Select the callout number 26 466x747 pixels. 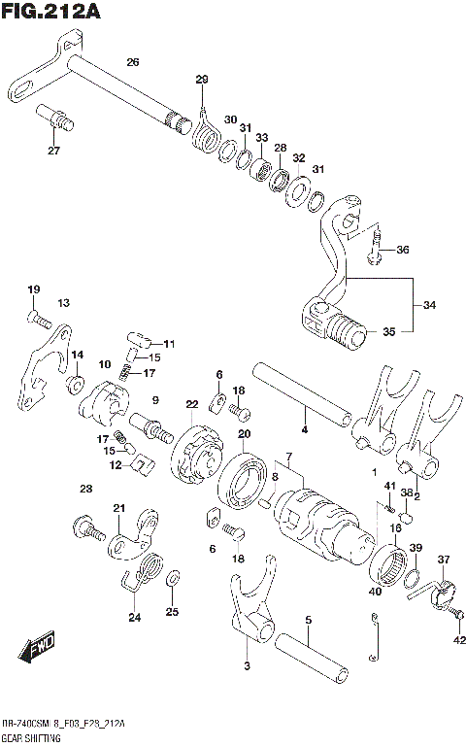point(132,62)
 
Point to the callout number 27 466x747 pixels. point(54,151)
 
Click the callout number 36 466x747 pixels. point(402,250)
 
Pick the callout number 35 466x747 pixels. point(388,331)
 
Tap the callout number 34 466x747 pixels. point(429,304)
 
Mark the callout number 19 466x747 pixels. point(33,289)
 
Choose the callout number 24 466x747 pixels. point(134,616)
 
